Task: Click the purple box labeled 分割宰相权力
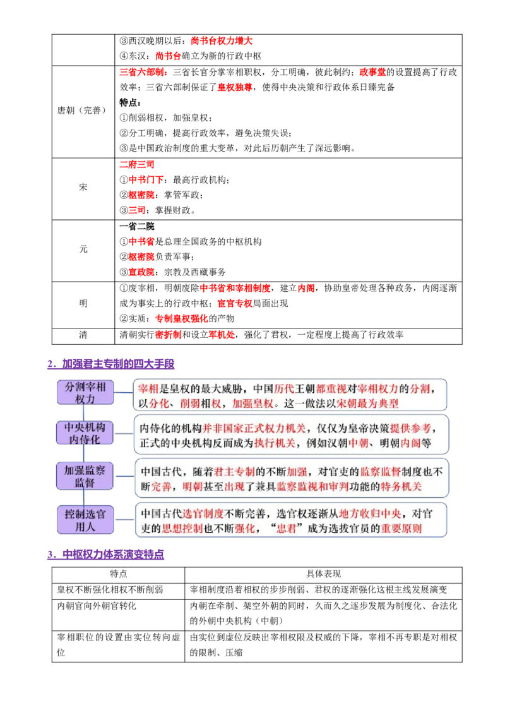point(85,393)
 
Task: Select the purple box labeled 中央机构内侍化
point(85,433)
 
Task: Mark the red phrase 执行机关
point(275,443)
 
